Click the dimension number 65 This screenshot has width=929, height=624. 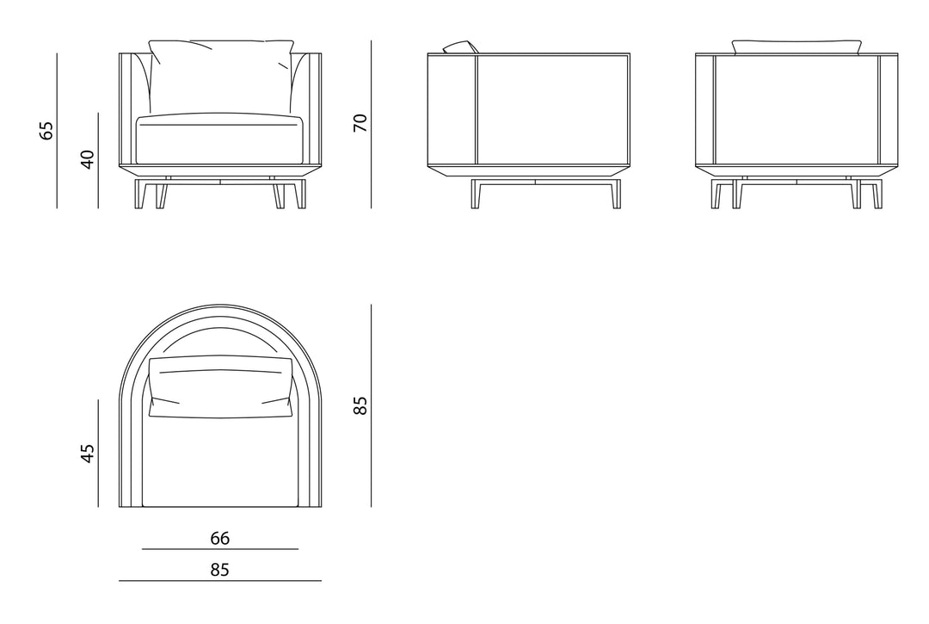pyautogui.click(x=46, y=130)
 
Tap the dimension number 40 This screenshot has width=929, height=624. pyautogui.click(x=87, y=159)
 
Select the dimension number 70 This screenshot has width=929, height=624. pyautogui.click(x=360, y=123)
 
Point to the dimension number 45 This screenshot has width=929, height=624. pyautogui.click(x=87, y=454)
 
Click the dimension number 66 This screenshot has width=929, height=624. pyautogui.click(x=220, y=538)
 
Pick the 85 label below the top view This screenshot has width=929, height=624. pyautogui.click(x=220, y=570)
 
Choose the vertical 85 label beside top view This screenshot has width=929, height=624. pyautogui.click(x=360, y=405)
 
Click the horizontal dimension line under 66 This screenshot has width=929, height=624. pyautogui.click(x=220, y=549)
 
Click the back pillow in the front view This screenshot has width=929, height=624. pyautogui.click(x=220, y=76)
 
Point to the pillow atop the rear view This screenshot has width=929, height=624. pyautogui.click(x=797, y=47)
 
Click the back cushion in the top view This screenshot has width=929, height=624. pyautogui.click(x=220, y=387)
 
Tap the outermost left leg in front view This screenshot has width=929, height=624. pyautogui.click(x=140, y=195)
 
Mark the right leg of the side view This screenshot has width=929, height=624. pyautogui.click(x=616, y=195)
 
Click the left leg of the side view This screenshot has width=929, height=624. pyautogui.click(x=476, y=195)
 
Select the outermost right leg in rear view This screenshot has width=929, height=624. pyautogui.click(x=877, y=195)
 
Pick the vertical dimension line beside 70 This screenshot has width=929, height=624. pyautogui.click(x=372, y=125)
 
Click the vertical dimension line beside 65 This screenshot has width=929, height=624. pyautogui.click(x=57, y=131)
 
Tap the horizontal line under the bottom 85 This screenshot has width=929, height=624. pyautogui.click(x=220, y=581)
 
